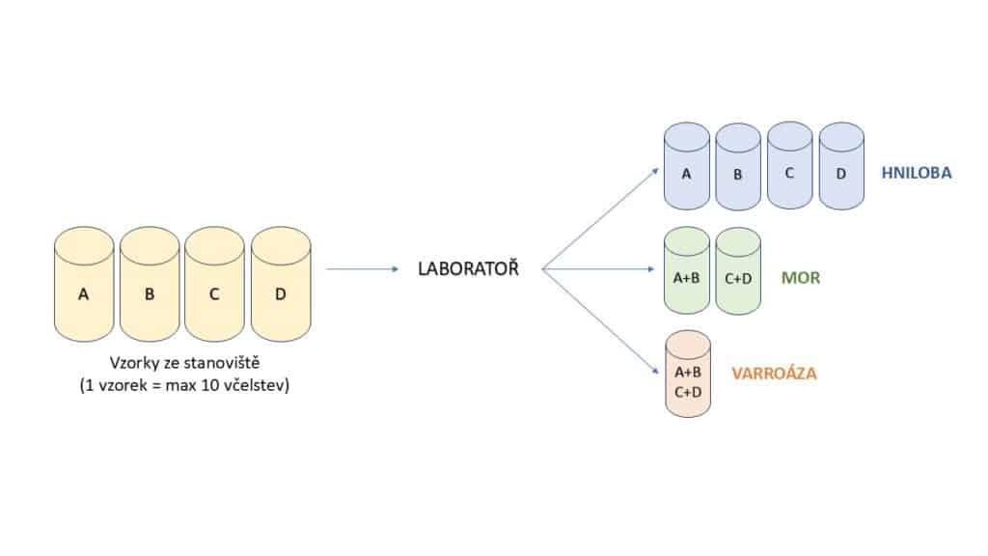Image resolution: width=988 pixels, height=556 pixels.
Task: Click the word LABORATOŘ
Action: (468, 269)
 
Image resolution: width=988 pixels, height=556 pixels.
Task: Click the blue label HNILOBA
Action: (916, 174)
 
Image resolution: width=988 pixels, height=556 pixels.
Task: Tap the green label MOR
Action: (801, 278)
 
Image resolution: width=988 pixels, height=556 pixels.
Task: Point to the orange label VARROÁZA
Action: (774, 373)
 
